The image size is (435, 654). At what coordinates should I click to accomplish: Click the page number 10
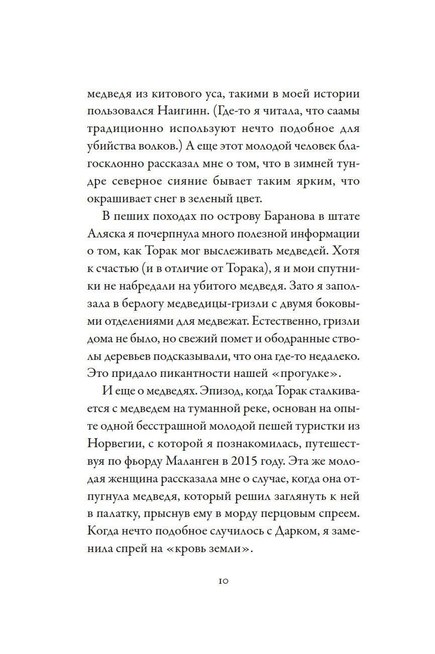click(224, 581)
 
